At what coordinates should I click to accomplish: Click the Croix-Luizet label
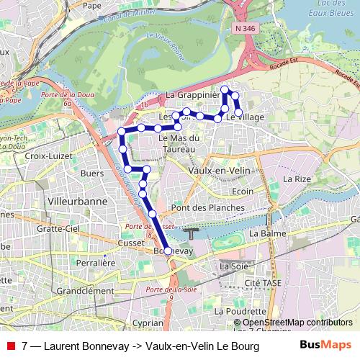pyautogui.click(x=45, y=154)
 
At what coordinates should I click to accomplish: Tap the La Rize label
pyautogui.click(x=296, y=179)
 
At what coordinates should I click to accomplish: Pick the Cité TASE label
pyautogui.click(x=262, y=283)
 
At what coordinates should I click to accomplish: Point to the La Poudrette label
pyautogui.click(x=249, y=311)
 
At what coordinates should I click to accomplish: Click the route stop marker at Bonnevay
pyautogui.click(x=168, y=251)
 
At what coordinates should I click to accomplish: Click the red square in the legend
pyautogui.click(x=10, y=346)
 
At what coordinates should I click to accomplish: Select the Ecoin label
pyautogui.click(x=243, y=192)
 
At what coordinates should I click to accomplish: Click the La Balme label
pyautogui.click(x=264, y=234)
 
